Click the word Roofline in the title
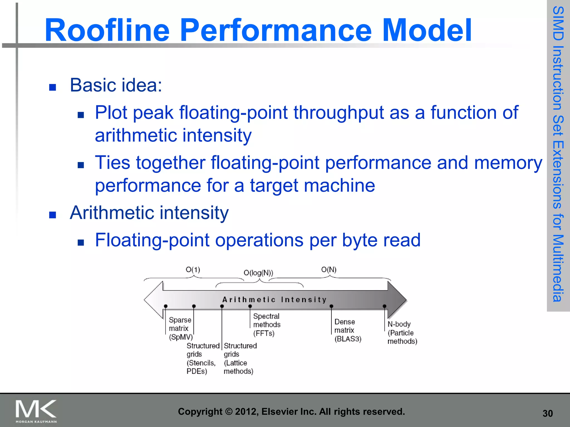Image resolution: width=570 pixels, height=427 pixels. [x=107, y=30]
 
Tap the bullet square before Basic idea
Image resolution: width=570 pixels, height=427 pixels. [x=53, y=88]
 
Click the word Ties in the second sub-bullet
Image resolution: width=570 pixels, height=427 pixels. [x=112, y=163]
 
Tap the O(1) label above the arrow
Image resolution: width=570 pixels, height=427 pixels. [x=193, y=270]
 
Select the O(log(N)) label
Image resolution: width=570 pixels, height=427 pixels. [x=258, y=273]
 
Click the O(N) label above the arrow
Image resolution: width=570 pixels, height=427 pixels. [x=329, y=270]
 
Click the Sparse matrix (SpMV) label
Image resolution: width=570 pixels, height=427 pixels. [x=180, y=329]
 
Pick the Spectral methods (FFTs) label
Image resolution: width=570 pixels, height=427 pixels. [x=267, y=325]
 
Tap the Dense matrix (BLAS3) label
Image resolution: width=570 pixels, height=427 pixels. [x=348, y=330]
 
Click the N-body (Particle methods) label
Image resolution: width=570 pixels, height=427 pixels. [x=402, y=333]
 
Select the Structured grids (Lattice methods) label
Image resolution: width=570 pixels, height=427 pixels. [x=240, y=359]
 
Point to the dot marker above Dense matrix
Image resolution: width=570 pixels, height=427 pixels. [x=331, y=306]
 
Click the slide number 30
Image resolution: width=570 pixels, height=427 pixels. [x=547, y=414]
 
